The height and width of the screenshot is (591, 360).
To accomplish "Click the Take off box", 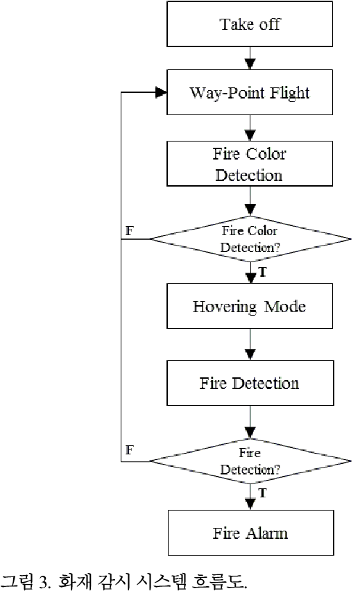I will [x=250, y=24].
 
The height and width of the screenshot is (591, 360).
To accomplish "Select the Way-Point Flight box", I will [x=250, y=92].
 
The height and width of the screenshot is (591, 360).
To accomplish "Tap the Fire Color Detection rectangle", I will [x=250, y=164].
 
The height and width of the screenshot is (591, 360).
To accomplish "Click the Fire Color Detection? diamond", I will [x=250, y=239].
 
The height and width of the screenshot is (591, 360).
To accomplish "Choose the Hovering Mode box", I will [x=250, y=307].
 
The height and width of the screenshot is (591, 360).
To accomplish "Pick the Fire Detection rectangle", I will [x=250, y=383].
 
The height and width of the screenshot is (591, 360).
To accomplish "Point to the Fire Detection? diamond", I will [x=250, y=461].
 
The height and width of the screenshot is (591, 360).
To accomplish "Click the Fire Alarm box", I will [x=250, y=533].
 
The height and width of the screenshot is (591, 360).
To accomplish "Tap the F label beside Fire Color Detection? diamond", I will [x=128, y=229].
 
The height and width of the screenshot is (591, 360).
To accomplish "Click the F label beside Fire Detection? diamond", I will [x=128, y=450].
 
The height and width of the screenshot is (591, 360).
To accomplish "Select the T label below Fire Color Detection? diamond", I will [x=263, y=273].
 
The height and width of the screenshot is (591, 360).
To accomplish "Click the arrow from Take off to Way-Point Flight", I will [x=250, y=58].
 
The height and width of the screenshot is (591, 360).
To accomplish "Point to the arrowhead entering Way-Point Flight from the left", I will [x=162, y=92].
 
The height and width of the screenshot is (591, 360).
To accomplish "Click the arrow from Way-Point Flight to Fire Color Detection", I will [x=250, y=128].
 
